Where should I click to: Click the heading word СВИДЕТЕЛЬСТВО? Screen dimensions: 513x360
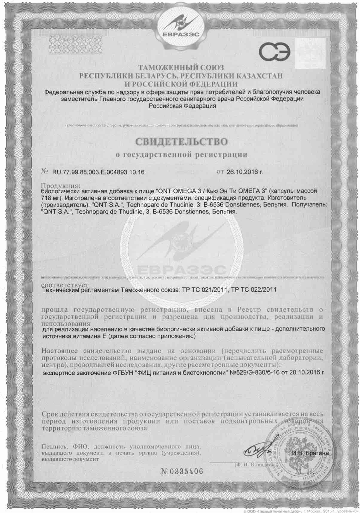coord(180,141)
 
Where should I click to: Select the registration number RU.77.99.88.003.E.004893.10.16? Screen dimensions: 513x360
coord(98,172)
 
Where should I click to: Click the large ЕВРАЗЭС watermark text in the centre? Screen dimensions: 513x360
coord(180,270)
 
